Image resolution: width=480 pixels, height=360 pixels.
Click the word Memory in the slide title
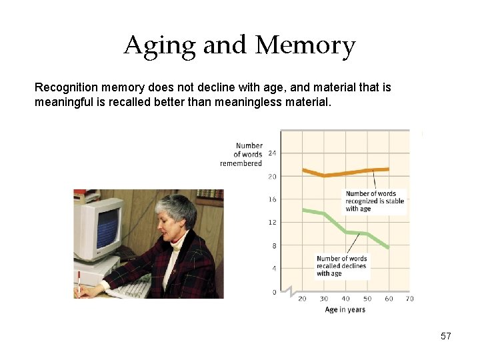point(305,46)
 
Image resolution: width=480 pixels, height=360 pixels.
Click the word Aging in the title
point(160,46)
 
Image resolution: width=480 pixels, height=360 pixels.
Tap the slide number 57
point(446,337)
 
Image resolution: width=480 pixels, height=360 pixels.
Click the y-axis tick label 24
point(272,153)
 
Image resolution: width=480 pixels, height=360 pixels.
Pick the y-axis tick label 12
point(272,222)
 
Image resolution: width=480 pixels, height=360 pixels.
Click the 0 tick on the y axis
point(274,292)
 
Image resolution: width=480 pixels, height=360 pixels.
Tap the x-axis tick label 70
point(409,299)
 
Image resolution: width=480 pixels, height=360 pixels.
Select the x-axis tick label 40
point(345,299)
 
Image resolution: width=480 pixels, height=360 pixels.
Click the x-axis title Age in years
point(345,310)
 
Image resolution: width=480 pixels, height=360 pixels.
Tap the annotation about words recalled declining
point(341,266)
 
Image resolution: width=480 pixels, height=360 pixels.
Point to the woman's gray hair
point(177,208)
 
